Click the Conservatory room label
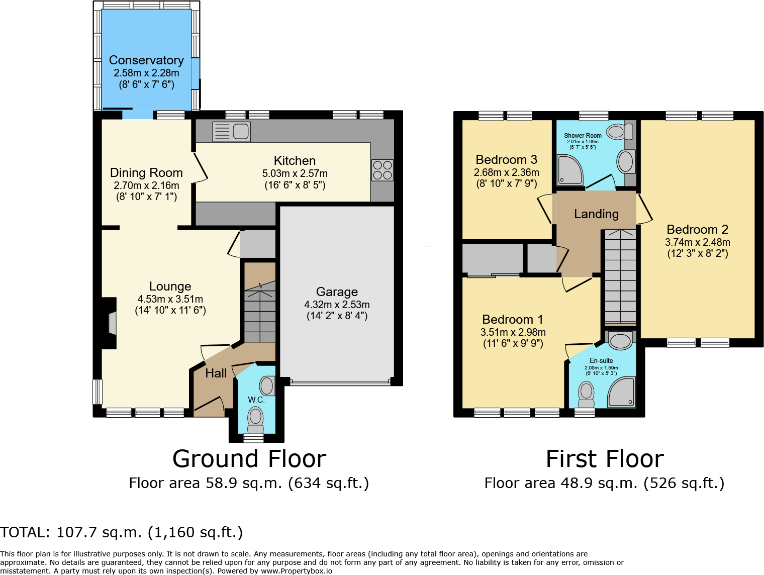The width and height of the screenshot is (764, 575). click(146, 60)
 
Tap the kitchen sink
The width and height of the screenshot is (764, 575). click(232, 132)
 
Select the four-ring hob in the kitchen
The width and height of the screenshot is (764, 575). click(383, 170)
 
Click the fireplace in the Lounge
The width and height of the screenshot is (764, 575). click(111, 323)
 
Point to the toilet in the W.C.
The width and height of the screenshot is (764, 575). click(256, 419)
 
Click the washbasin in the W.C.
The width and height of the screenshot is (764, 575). click(267, 386)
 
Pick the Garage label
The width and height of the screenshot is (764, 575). click(337, 292)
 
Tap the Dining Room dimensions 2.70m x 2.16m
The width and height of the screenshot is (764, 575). click(146, 185)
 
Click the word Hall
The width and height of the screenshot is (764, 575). click(216, 373)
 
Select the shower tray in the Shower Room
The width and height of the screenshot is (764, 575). click(570, 170)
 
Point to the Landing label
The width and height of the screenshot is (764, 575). click(596, 214)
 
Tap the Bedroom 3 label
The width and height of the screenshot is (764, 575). click(506, 160)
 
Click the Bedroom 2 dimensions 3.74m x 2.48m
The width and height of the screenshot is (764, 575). click(698, 242)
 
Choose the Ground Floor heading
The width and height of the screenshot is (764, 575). click(249, 459)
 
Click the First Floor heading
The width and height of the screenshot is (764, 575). click(605, 459)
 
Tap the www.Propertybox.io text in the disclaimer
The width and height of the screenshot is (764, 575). click(296, 571)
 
